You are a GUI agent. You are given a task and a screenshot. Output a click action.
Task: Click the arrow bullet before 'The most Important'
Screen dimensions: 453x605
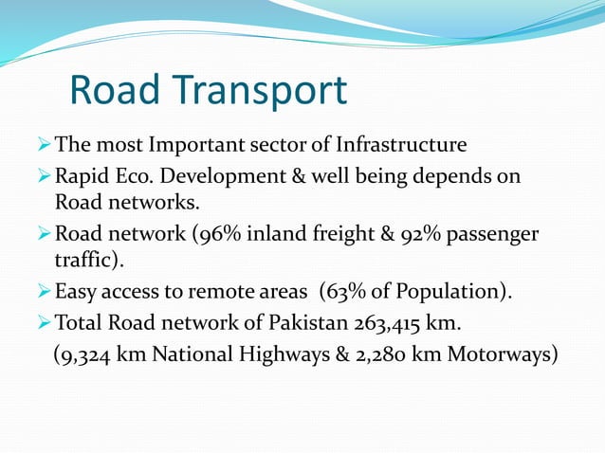(44, 146)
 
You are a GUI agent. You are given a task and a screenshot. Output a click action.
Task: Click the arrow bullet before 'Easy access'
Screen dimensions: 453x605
(44, 291)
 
